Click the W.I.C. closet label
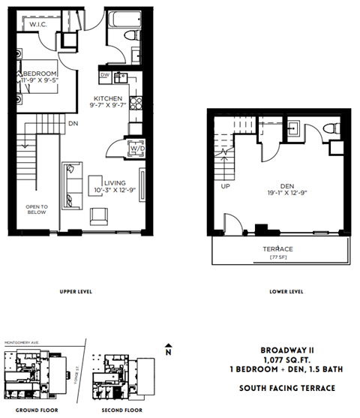[37, 25]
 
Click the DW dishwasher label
[105, 76]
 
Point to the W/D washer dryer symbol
[137, 149]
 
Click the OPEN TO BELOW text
[36, 209]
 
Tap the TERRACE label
[277, 248]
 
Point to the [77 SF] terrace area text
[277, 257]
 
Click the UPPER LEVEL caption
[76, 290]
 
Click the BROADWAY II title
[287, 350]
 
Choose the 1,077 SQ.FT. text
[288, 359]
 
